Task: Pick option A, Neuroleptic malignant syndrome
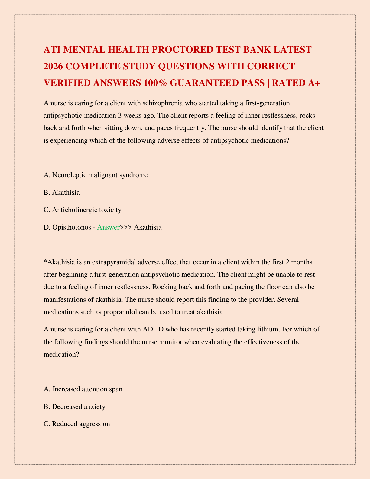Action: (x=96, y=175)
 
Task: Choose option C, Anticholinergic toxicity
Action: (x=82, y=210)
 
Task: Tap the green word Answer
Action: (x=108, y=227)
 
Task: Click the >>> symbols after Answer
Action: (x=126, y=227)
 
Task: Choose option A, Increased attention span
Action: (x=83, y=389)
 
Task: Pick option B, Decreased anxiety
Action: (x=75, y=406)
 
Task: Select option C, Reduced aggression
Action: (x=77, y=424)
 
